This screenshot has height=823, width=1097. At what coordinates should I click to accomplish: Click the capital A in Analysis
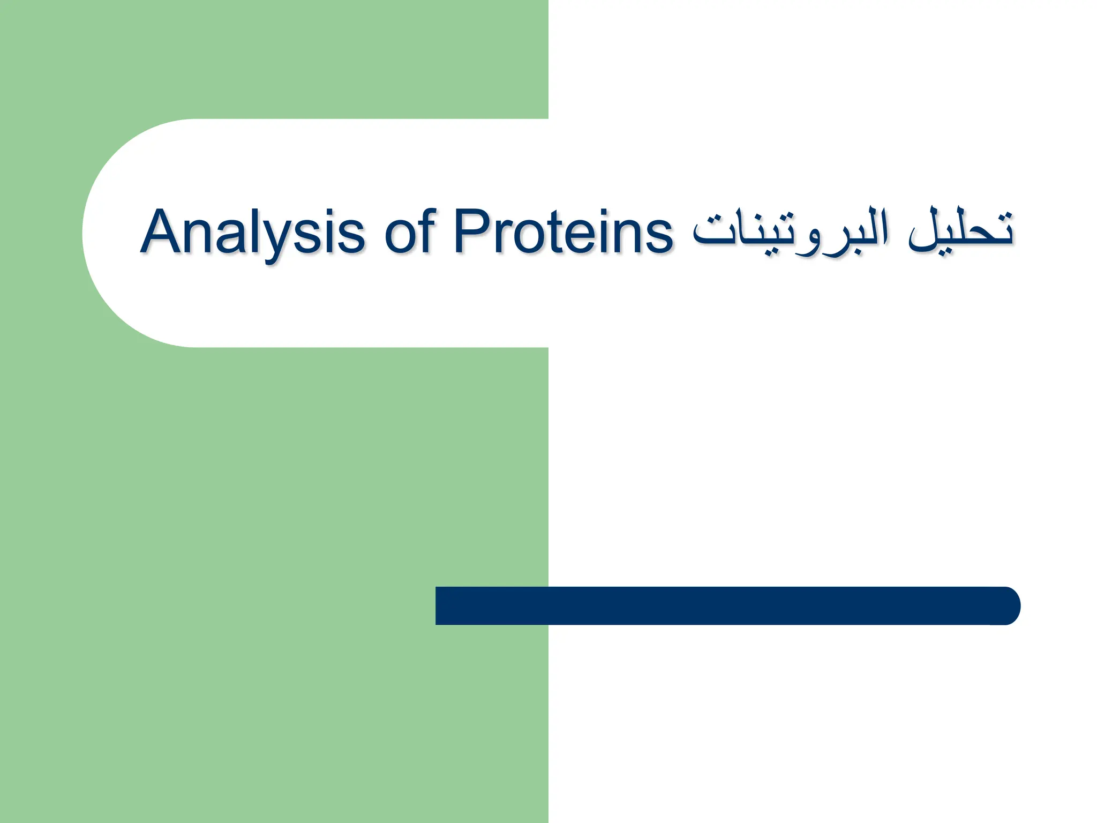point(163,232)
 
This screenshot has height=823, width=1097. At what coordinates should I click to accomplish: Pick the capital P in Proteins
point(474,232)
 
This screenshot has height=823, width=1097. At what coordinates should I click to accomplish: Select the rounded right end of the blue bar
point(1010,605)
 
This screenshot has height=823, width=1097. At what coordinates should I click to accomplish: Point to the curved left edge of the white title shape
point(86,233)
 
